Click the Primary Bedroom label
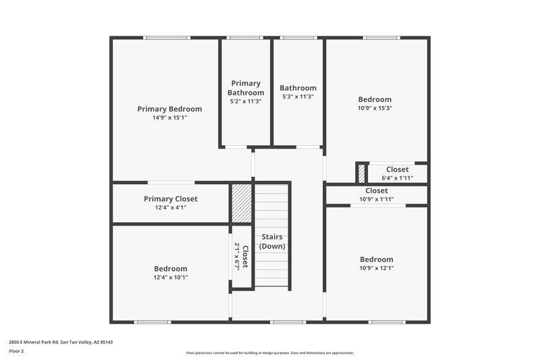pyautogui.click(x=169, y=109)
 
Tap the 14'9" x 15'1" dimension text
pyautogui.click(x=169, y=118)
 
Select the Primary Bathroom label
pyautogui.click(x=245, y=88)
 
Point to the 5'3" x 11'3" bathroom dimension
pyautogui.click(x=298, y=97)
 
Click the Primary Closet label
pyautogui.click(x=171, y=199)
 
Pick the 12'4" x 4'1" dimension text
pyautogui.click(x=171, y=207)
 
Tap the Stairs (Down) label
pyautogui.click(x=272, y=241)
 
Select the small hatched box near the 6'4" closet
pyautogui.click(x=362, y=173)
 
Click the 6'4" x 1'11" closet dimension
pyautogui.click(x=397, y=178)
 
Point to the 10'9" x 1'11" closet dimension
pyautogui.click(x=376, y=199)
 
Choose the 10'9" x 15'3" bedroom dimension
pyautogui.click(x=375, y=108)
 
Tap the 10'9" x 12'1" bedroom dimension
pyautogui.click(x=376, y=268)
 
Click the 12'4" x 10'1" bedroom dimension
pyautogui.click(x=171, y=277)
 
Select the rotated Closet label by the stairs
pyautogui.click(x=242, y=257)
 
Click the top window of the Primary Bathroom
pyautogui.click(x=244, y=38)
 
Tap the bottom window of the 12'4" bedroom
pyautogui.click(x=153, y=322)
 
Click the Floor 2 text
pyautogui.click(x=16, y=351)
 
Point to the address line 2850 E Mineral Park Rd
pyautogui.click(x=61, y=342)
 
